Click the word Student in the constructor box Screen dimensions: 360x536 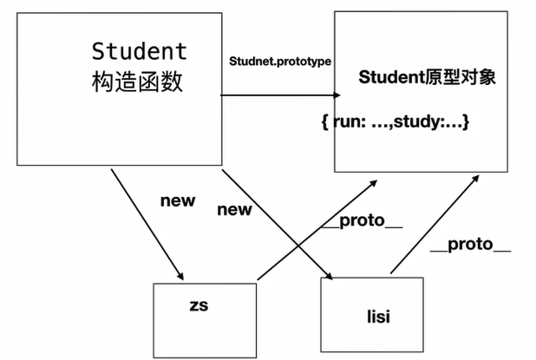[139, 49]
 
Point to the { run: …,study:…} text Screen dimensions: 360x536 [395, 122]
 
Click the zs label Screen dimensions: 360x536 [199, 306]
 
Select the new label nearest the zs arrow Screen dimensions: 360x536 [178, 200]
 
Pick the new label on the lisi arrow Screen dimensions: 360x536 [234, 209]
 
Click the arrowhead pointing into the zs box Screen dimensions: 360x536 [180, 272]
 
